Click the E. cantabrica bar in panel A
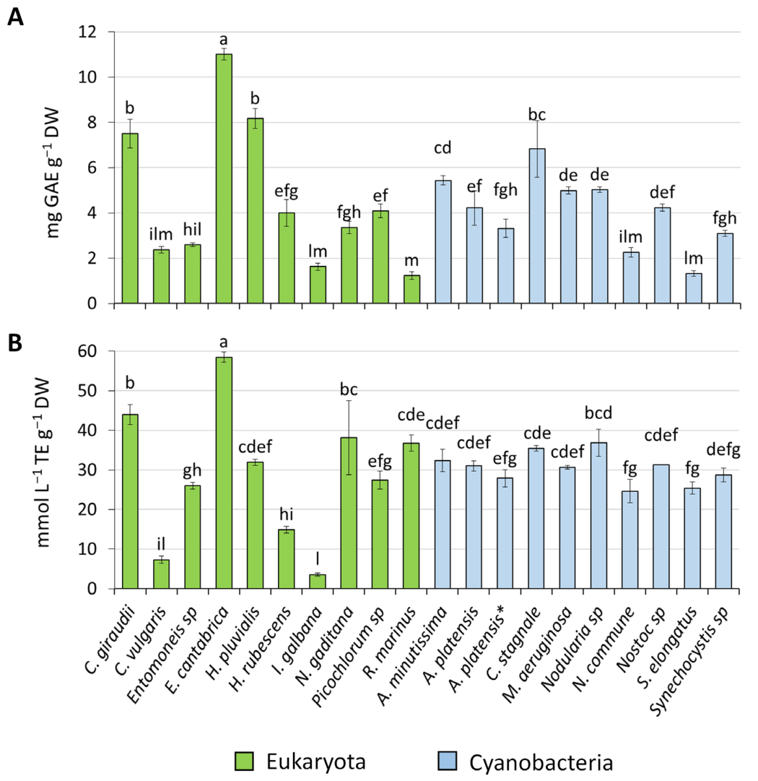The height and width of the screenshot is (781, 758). pos(224,178)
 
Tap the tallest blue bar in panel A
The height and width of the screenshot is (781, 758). pos(537,225)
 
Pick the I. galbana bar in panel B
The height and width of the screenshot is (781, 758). pos(318,582)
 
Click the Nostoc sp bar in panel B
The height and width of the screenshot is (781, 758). pos(661,527)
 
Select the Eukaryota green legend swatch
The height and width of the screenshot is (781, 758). pos(244,761)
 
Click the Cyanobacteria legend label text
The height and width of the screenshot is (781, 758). pos(541,762)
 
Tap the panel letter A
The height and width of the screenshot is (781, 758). pos(15,17)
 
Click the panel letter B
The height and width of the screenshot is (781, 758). pos(15,343)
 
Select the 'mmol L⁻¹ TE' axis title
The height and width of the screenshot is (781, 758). pos(44,462)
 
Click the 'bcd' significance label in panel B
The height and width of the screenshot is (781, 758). pos(598,413)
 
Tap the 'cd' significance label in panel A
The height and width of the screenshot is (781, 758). pos(443,148)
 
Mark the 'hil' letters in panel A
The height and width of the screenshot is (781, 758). pos(192,230)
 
